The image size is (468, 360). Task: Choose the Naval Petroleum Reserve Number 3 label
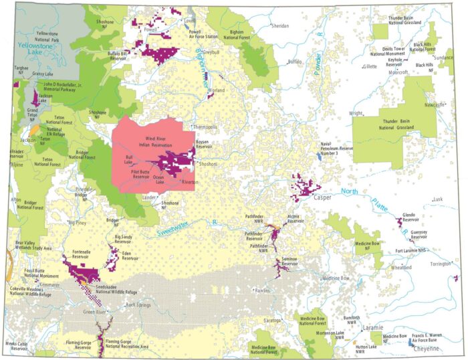[x=336, y=149]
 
